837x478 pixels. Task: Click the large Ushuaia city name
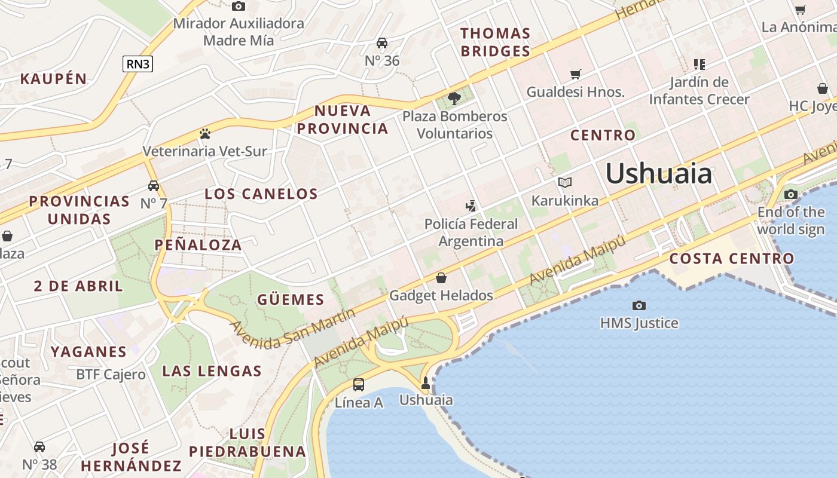(659, 174)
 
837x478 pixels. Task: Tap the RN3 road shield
(138, 64)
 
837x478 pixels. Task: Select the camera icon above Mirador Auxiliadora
(239, 7)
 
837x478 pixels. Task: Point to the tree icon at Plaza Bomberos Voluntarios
(454, 98)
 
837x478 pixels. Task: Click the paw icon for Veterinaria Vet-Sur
(205, 133)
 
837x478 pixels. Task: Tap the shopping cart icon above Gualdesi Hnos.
(575, 75)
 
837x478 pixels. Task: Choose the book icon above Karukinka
(564, 182)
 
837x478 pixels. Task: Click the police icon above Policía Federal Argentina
(471, 206)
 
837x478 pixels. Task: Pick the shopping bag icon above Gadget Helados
(441, 278)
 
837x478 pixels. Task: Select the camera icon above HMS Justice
(639, 306)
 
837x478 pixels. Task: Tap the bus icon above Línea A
(359, 385)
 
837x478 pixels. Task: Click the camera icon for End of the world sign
(791, 194)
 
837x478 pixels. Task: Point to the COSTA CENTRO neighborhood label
(731, 259)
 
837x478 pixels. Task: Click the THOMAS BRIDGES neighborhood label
(495, 42)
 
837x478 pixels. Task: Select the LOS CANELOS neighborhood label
(261, 194)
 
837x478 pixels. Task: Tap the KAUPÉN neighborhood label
(54, 78)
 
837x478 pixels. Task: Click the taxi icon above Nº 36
(382, 43)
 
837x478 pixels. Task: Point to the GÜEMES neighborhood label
(291, 299)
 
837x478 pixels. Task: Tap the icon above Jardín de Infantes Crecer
(699, 64)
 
